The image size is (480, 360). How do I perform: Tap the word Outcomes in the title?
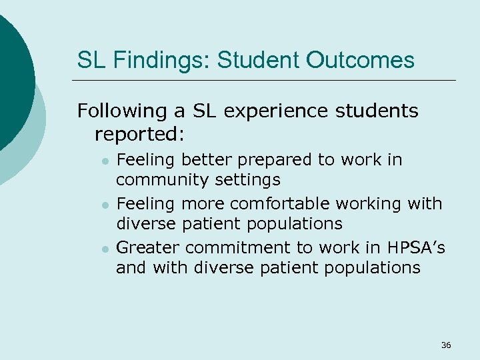point(360,61)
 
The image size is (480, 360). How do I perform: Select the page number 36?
point(446,345)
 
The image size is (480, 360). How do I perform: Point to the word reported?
point(139,134)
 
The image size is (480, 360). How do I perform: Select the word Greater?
point(148,248)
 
